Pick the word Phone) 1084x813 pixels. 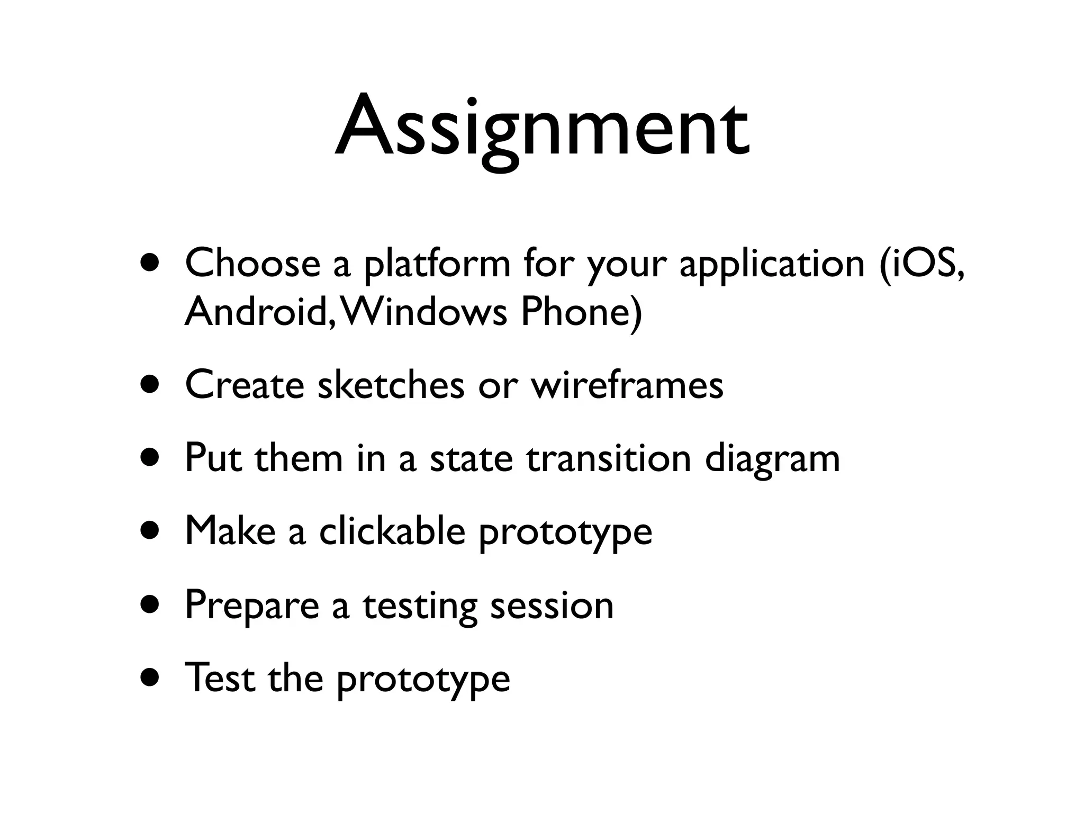(x=581, y=312)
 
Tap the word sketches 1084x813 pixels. (x=391, y=385)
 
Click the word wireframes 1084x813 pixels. (x=627, y=385)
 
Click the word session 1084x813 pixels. (x=552, y=605)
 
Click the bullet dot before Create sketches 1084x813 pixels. (x=150, y=385)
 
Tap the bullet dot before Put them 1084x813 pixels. (x=150, y=458)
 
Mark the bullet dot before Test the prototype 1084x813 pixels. (x=150, y=678)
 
